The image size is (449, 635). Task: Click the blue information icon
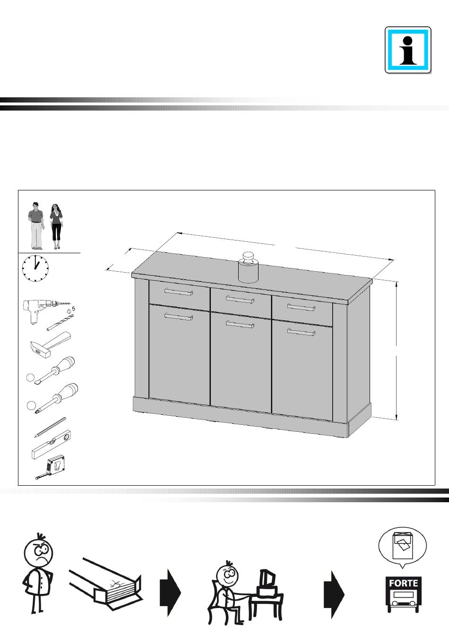pos(408,50)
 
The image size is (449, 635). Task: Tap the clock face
pos(35,268)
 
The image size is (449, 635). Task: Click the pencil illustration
pos(50,427)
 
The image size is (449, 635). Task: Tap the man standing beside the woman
pos(36,226)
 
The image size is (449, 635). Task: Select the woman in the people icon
pos(56,226)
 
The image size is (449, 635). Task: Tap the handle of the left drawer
pos(179,292)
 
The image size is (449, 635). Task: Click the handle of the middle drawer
pos(240,300)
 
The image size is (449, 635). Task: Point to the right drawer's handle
pos(301,307)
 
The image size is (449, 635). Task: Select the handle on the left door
pos(179,317)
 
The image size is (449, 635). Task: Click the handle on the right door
pos(301,332)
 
